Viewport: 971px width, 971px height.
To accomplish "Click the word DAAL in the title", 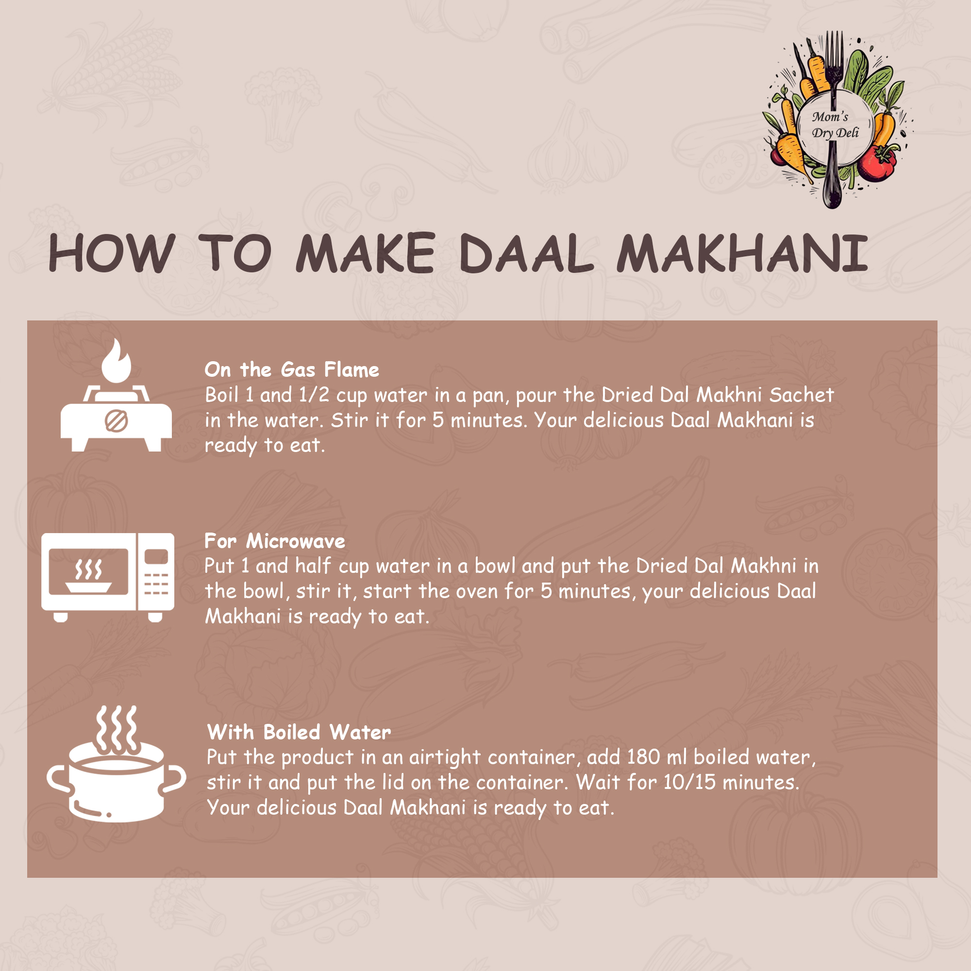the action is [526, 253].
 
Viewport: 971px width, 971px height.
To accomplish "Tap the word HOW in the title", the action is [112, 253].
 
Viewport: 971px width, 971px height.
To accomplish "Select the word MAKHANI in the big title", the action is [742, 253].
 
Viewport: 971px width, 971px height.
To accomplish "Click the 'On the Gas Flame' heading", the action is [292, 370].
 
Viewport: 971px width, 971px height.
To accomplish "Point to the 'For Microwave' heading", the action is [275, 541].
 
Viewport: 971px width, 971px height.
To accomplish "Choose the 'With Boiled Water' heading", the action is [299, 732].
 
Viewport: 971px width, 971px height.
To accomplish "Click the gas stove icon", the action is [116, 395].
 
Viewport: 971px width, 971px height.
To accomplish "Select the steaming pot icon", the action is [116, 763].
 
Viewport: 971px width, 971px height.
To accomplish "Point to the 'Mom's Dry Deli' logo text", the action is [835, 125].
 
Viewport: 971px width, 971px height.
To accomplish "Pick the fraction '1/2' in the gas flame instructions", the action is [314, 395].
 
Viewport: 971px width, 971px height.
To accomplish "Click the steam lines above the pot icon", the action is [116, 728].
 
